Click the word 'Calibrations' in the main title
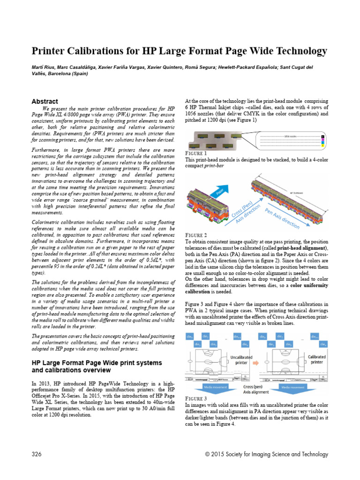(x=93, y=51)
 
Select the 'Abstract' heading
(x=45, y=101)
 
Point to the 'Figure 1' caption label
(x=196, y=153)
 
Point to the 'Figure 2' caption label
(x=196, y=235)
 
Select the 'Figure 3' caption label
(x=196, y=398)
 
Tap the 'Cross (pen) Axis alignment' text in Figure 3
(x=256, y=389)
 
